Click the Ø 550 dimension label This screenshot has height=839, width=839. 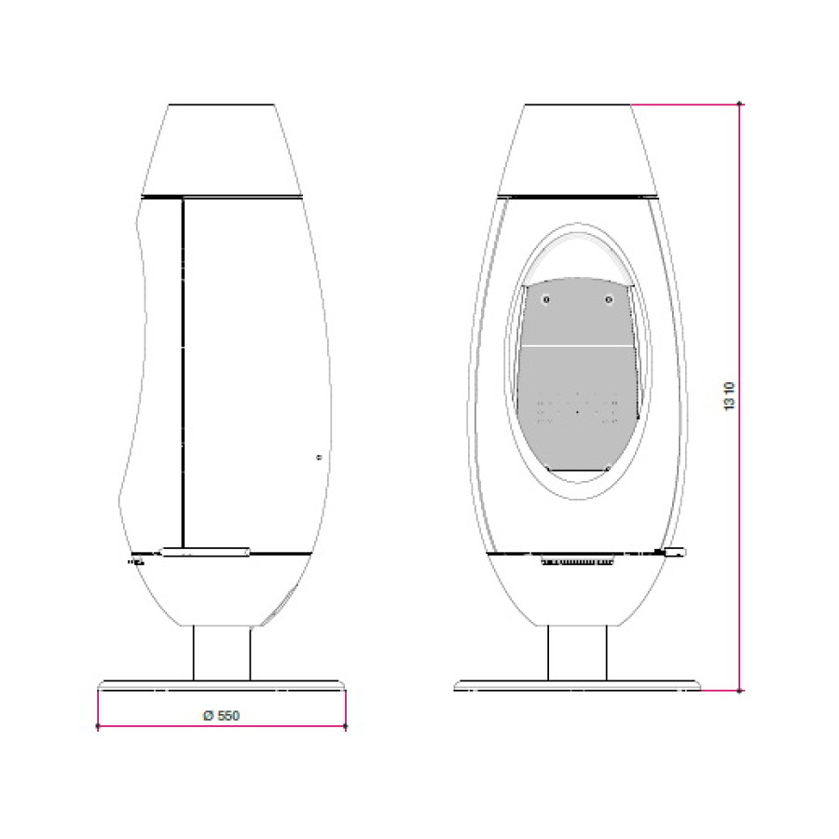click(221, 715)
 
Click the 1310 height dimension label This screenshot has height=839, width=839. click(729, 396)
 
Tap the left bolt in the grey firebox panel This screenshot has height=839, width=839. click(545, 299)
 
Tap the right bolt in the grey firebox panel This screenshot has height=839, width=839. click(609, 299)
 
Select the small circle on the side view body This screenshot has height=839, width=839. click(320, 458)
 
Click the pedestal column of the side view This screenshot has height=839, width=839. click(222, 653)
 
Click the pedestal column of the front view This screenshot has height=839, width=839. click(577, 653)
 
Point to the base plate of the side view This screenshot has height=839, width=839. click(222, 685)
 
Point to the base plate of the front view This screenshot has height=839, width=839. click(577, 685)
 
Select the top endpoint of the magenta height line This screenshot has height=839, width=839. click(740, 103)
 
